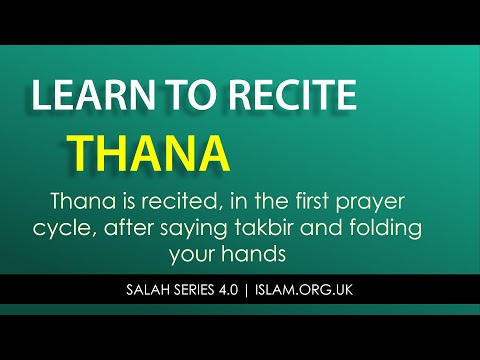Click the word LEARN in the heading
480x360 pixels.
[x=88, y=98]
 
